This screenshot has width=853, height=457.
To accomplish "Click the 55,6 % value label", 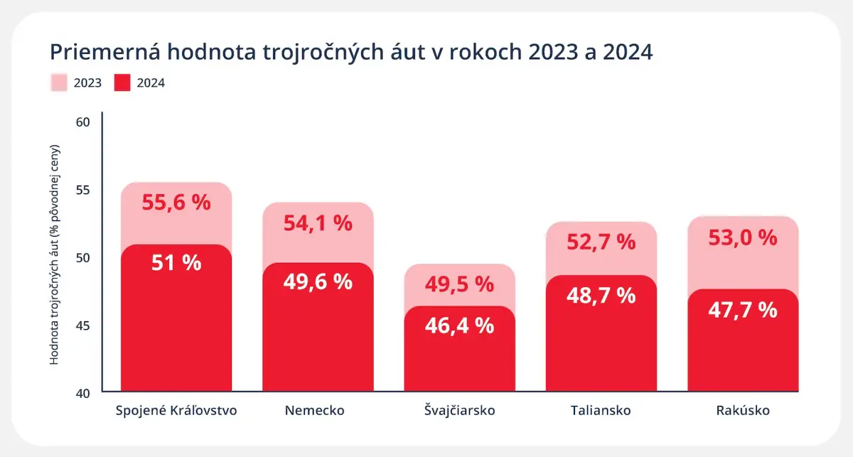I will (x=176, y=203).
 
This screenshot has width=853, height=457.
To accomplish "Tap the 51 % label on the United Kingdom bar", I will (x=176, y=263).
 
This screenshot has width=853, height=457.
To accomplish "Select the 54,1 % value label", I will (x=318, y=223).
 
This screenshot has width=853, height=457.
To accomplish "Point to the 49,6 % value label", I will (x=318, y=281).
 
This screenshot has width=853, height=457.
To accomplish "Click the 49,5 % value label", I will (x=459, y=285).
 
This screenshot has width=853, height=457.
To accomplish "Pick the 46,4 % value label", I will (x=459, y=326).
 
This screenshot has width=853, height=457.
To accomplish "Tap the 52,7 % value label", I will (x=601, y=242).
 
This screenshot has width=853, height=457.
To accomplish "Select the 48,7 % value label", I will (x=601, y=294).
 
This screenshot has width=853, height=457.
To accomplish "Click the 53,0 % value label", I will (x=743, y=237).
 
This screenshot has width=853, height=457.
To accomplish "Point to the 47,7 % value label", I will (x=743, y=310).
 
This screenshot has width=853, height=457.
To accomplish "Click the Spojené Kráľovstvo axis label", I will (x=176, y=411).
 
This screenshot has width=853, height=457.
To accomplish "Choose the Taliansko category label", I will (x=601, y=411).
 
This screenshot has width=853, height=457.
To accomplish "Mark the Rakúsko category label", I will (x=743, y=411).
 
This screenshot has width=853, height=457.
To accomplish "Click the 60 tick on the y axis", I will (x=82, y=122).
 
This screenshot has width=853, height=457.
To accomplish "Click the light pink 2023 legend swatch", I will (x=58, y=83).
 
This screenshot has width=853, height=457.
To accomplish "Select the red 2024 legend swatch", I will (x=122, y=83).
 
